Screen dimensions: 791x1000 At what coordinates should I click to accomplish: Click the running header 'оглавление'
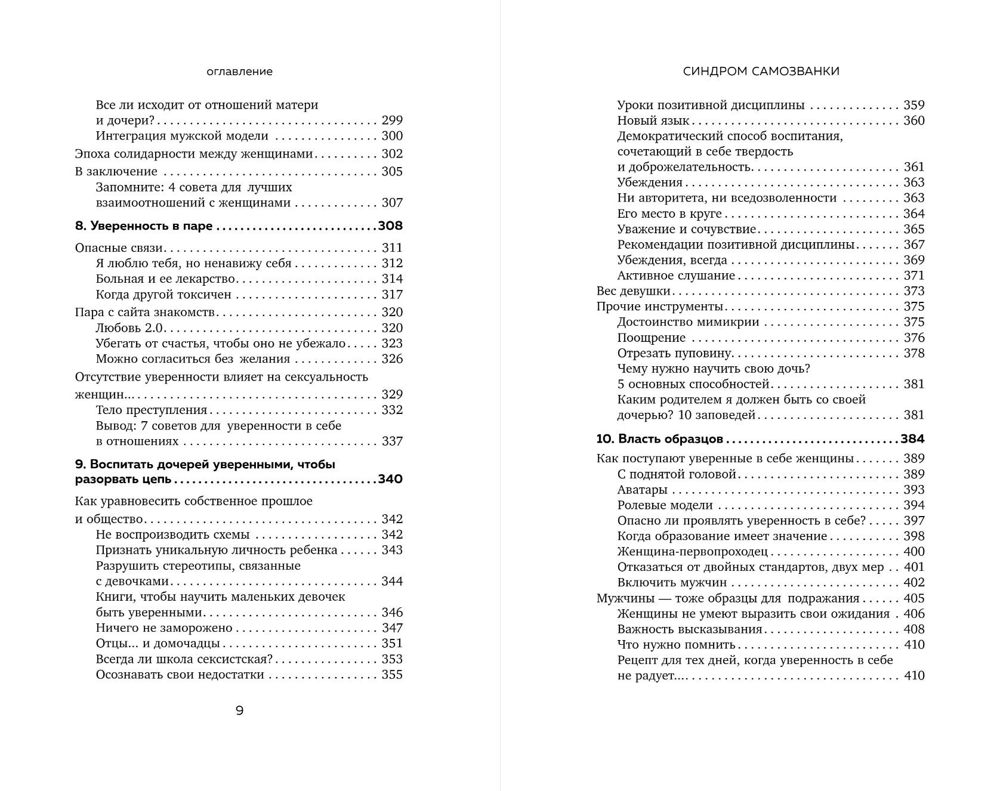pos(239,72)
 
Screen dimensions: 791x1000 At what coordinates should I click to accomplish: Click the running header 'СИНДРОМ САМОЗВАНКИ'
pos(761,72)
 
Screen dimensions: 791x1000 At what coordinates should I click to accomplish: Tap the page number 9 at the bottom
pos(239,710)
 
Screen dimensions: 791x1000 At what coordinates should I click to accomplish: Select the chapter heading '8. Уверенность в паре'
pos(145,226)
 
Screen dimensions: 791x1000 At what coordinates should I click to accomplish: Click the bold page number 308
pos(390,226)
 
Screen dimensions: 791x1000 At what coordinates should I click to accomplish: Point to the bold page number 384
pos(912,439)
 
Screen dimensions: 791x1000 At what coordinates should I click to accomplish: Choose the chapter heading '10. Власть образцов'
pos(659,439)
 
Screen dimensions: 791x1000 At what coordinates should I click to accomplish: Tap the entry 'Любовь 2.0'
pos(129,328)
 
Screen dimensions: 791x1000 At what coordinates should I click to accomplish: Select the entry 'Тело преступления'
pos(152,410)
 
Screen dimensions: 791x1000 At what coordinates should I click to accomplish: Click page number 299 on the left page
pos(392,120)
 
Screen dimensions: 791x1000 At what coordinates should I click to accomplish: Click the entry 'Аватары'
pos(642,490)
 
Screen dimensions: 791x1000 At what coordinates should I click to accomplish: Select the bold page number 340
pos(390,480)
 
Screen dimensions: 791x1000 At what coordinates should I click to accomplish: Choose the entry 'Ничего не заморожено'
pos(164,628)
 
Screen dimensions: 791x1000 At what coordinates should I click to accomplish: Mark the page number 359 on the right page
pos(913,106)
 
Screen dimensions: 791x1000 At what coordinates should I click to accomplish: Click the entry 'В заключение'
pos(116,172)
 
